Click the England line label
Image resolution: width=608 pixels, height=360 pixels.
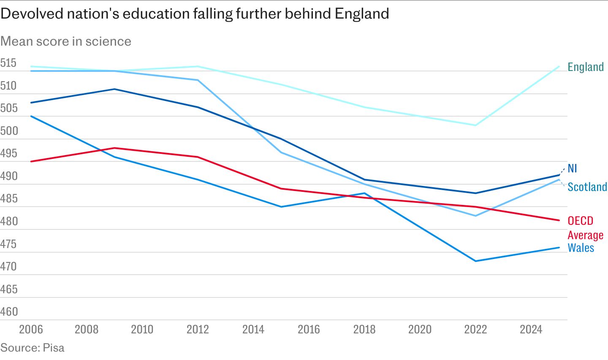click(x=586, y=67)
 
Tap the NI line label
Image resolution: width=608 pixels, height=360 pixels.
click(x=572, y=169)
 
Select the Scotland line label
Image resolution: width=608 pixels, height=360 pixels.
click(x=587, y=187)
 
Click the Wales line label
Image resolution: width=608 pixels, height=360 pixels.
click(x=581, y=248)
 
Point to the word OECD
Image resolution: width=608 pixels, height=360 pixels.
click(x=580, y=221)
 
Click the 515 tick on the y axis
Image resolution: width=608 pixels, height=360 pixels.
click(x=8, y=63)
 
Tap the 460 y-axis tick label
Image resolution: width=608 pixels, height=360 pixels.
click(x=9, y=312)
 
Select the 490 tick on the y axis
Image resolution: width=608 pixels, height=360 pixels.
click(x=9, y=176)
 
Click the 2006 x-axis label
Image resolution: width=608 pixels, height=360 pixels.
click(x=31, y=330)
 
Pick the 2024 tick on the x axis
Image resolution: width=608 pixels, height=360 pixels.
click(x=531, y=330)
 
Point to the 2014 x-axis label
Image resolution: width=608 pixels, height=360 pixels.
click(x=253, y=330)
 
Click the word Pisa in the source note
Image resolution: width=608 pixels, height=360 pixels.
click(x=54, y=348)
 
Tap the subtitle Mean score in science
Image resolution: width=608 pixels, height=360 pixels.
click(x=66, y=41)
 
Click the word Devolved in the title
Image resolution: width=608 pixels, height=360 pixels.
click(x=32, y=14)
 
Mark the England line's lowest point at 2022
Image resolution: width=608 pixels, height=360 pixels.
click(x=475, y=125)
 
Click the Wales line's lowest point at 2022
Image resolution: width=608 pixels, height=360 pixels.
click(x=475, y=261)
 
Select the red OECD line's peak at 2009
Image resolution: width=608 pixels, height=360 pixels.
click(x=115, y=148)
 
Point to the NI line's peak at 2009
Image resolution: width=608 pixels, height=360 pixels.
click(x=115, y=89)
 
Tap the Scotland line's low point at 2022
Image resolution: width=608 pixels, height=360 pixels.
click(x=475, y=216)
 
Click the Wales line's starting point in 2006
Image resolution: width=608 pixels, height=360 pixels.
click(x=31, y=116)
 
